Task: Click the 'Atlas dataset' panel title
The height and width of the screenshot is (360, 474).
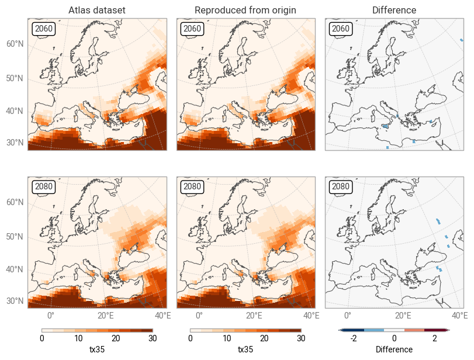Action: pos(97,11)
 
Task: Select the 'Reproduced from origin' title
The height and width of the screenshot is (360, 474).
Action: pos(245,11)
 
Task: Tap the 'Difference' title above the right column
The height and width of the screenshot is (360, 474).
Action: pos(395,11)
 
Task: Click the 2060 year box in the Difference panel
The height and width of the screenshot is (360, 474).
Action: pos(341,29)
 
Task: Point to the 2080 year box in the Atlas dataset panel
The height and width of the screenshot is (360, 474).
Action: pos(44,186)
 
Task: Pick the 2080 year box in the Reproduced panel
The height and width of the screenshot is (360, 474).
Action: pos(192,186)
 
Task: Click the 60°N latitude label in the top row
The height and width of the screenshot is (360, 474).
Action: pos(15,44)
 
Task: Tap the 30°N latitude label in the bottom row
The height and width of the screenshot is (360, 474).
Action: pos(15,301)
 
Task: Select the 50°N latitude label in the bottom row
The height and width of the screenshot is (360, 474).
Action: pos(15,236)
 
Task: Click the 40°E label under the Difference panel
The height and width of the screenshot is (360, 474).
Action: pos(460,316)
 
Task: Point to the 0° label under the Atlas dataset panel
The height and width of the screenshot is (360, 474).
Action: pos(51,316)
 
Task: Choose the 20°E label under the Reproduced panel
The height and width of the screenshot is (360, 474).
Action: pos(254,316)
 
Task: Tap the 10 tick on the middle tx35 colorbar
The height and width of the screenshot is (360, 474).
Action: pos(227,338)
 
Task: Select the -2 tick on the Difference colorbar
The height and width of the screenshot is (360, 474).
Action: pos(354,338)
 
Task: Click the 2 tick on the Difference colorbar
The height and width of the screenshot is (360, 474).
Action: pos(435,338)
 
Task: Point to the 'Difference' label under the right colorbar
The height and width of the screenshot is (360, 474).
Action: pos(394,349)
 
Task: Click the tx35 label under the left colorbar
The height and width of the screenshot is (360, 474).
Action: pos(97,349)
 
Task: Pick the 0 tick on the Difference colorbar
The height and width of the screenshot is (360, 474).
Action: pos(395,338)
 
